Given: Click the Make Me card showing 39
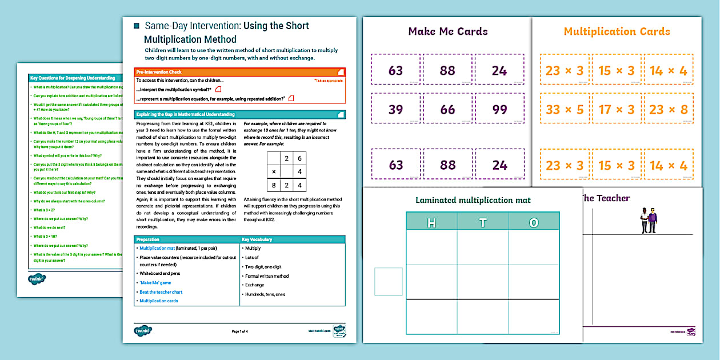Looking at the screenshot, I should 395,109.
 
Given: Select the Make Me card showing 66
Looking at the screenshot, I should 447,109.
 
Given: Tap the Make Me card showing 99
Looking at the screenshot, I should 499,109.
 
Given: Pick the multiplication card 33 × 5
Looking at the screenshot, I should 564,109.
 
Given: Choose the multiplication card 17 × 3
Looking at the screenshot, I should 617,109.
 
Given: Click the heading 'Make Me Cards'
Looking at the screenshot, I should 447,31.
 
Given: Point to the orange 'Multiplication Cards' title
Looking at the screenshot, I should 617,31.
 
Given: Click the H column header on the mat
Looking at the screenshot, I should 431,222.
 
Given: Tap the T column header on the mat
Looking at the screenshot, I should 483,222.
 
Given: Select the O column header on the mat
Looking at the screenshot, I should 534,222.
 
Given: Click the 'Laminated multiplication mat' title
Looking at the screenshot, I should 473,200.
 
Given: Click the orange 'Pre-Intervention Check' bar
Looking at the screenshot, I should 239,72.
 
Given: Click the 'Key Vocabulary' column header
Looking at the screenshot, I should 257,239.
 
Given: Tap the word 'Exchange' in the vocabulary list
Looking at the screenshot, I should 254,285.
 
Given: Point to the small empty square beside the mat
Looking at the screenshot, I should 385,282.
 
